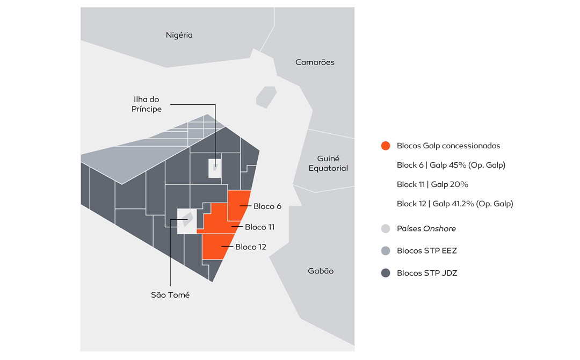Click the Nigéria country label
(x=179, y=35)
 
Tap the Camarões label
(x=315, y=62)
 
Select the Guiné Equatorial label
(x=328, y=163)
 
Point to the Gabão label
(x=321, y=271)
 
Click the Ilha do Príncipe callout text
(x=147, y=104)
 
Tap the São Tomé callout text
(x=170, y=295)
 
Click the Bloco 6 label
(x=267, y=206)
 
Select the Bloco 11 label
(x=260, y=227)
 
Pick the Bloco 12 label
(x=251, y=247)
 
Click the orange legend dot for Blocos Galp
(x=386, y=146)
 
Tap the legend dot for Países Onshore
(x=386, y=229)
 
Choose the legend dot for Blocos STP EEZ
(x=386, y=251)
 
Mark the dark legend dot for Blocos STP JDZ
(x=386, y=273)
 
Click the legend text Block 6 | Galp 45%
(x=451, y=165)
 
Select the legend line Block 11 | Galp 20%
(x=432, y=184)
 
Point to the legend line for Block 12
(x=455, y=204)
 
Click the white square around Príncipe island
(x=215, y=168)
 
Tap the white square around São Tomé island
(x=187, y=221)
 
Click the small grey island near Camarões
(x=266, y=97)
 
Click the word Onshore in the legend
(x=439, y=229)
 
